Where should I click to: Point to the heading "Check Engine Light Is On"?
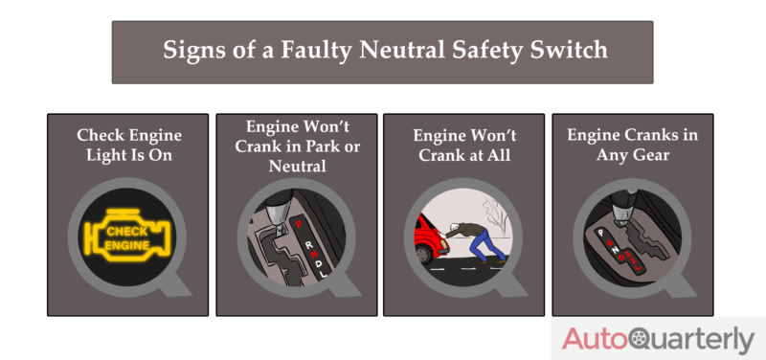[x=128, y=145]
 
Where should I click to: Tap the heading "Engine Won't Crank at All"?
[x=463, y=145]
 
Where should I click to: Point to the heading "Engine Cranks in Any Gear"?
[x=632, y=145]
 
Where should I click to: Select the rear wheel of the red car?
[x=421, y=257]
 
